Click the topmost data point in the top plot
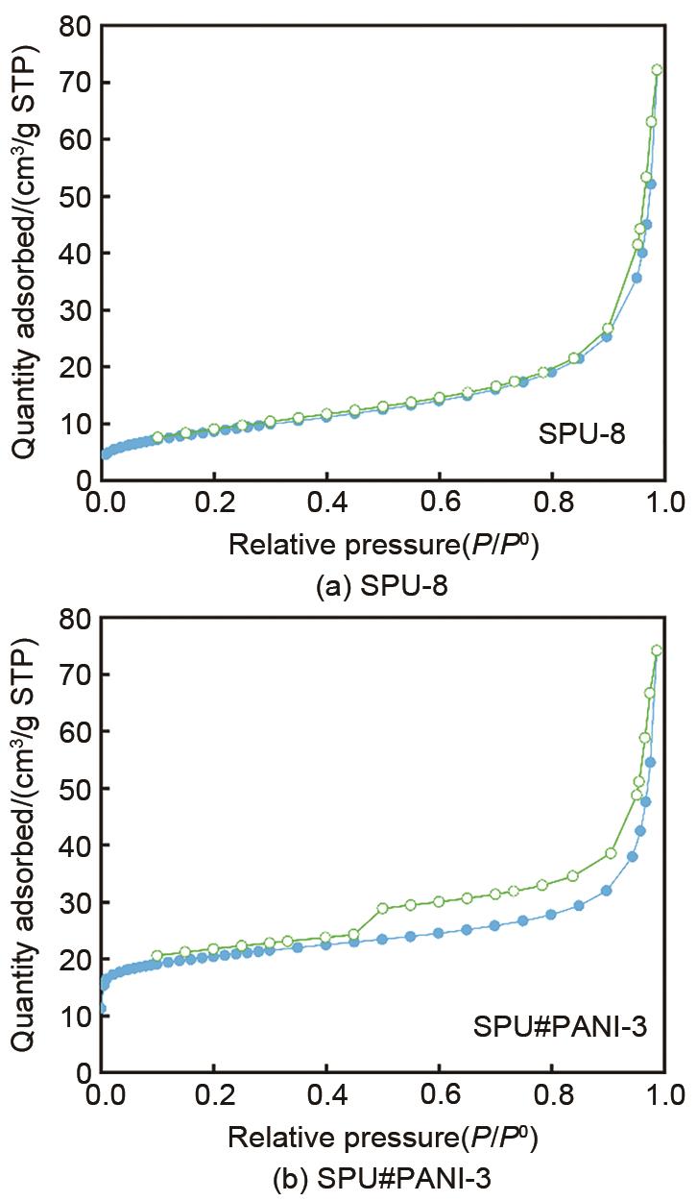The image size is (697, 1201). click(x=657, y=69)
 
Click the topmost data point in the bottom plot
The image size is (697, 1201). click(x=657, y=650)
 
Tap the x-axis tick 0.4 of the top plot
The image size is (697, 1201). click(x=326, y=502)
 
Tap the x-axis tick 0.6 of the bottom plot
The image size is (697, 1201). click(x=440, y=1094)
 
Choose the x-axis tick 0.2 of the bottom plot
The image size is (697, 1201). click(x=214, y=1094)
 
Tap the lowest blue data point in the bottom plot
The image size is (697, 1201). click(x=103, y=1009)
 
